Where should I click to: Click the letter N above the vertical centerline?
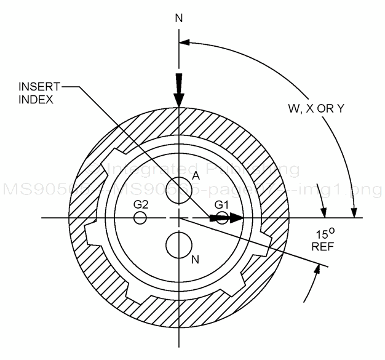pos(179,18)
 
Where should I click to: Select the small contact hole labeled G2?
pos(141,218)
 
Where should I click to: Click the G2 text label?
pos(141,204)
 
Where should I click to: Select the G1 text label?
pos(222,204)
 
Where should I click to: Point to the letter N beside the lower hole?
pos(196,260)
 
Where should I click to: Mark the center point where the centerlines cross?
pos(178,218)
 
